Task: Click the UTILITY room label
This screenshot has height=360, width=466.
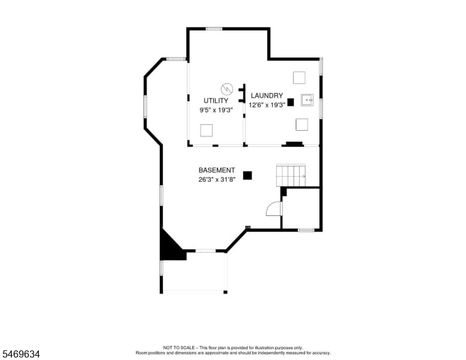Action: (216, 101)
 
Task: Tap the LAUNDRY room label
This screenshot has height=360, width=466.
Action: (267, 95)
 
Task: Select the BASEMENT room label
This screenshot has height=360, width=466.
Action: (217, 170)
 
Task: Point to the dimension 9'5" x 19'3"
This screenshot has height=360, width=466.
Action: (216, 110)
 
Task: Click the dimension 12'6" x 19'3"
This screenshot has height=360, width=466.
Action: (267, 104)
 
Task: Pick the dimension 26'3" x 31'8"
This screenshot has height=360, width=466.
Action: (217, 179)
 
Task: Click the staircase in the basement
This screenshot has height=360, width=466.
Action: (291, 175)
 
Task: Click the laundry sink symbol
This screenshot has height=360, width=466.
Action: (307, 100)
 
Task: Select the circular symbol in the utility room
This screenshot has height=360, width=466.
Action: (227, 89)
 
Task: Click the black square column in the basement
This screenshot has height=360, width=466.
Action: (247, 176)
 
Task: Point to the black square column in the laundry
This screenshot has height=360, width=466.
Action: (291, 102)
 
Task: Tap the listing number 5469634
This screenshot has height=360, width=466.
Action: (21, 354)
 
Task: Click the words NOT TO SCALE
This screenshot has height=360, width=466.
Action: (179, 347)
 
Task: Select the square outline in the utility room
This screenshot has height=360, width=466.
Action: (206, 130)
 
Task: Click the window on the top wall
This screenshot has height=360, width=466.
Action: (214, 29)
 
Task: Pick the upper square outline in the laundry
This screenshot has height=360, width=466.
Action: (299, 77)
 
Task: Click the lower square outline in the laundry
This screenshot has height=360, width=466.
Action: (302, 124)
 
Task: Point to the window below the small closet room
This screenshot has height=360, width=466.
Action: (306, 230)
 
